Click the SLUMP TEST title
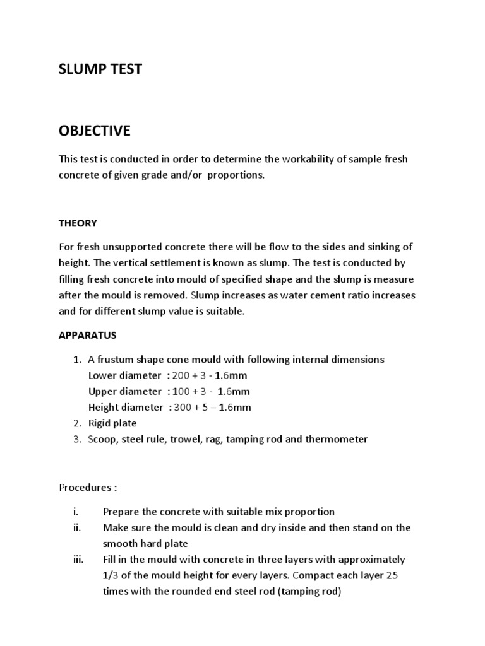click(100, 69)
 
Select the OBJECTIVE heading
click(95, 131)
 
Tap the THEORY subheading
click(78, 223)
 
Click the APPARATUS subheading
click(88, 335)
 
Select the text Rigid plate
click(112, 423)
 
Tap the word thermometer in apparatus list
click(336, 439)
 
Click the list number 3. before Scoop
click(76, 439)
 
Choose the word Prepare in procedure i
click(122, 512)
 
